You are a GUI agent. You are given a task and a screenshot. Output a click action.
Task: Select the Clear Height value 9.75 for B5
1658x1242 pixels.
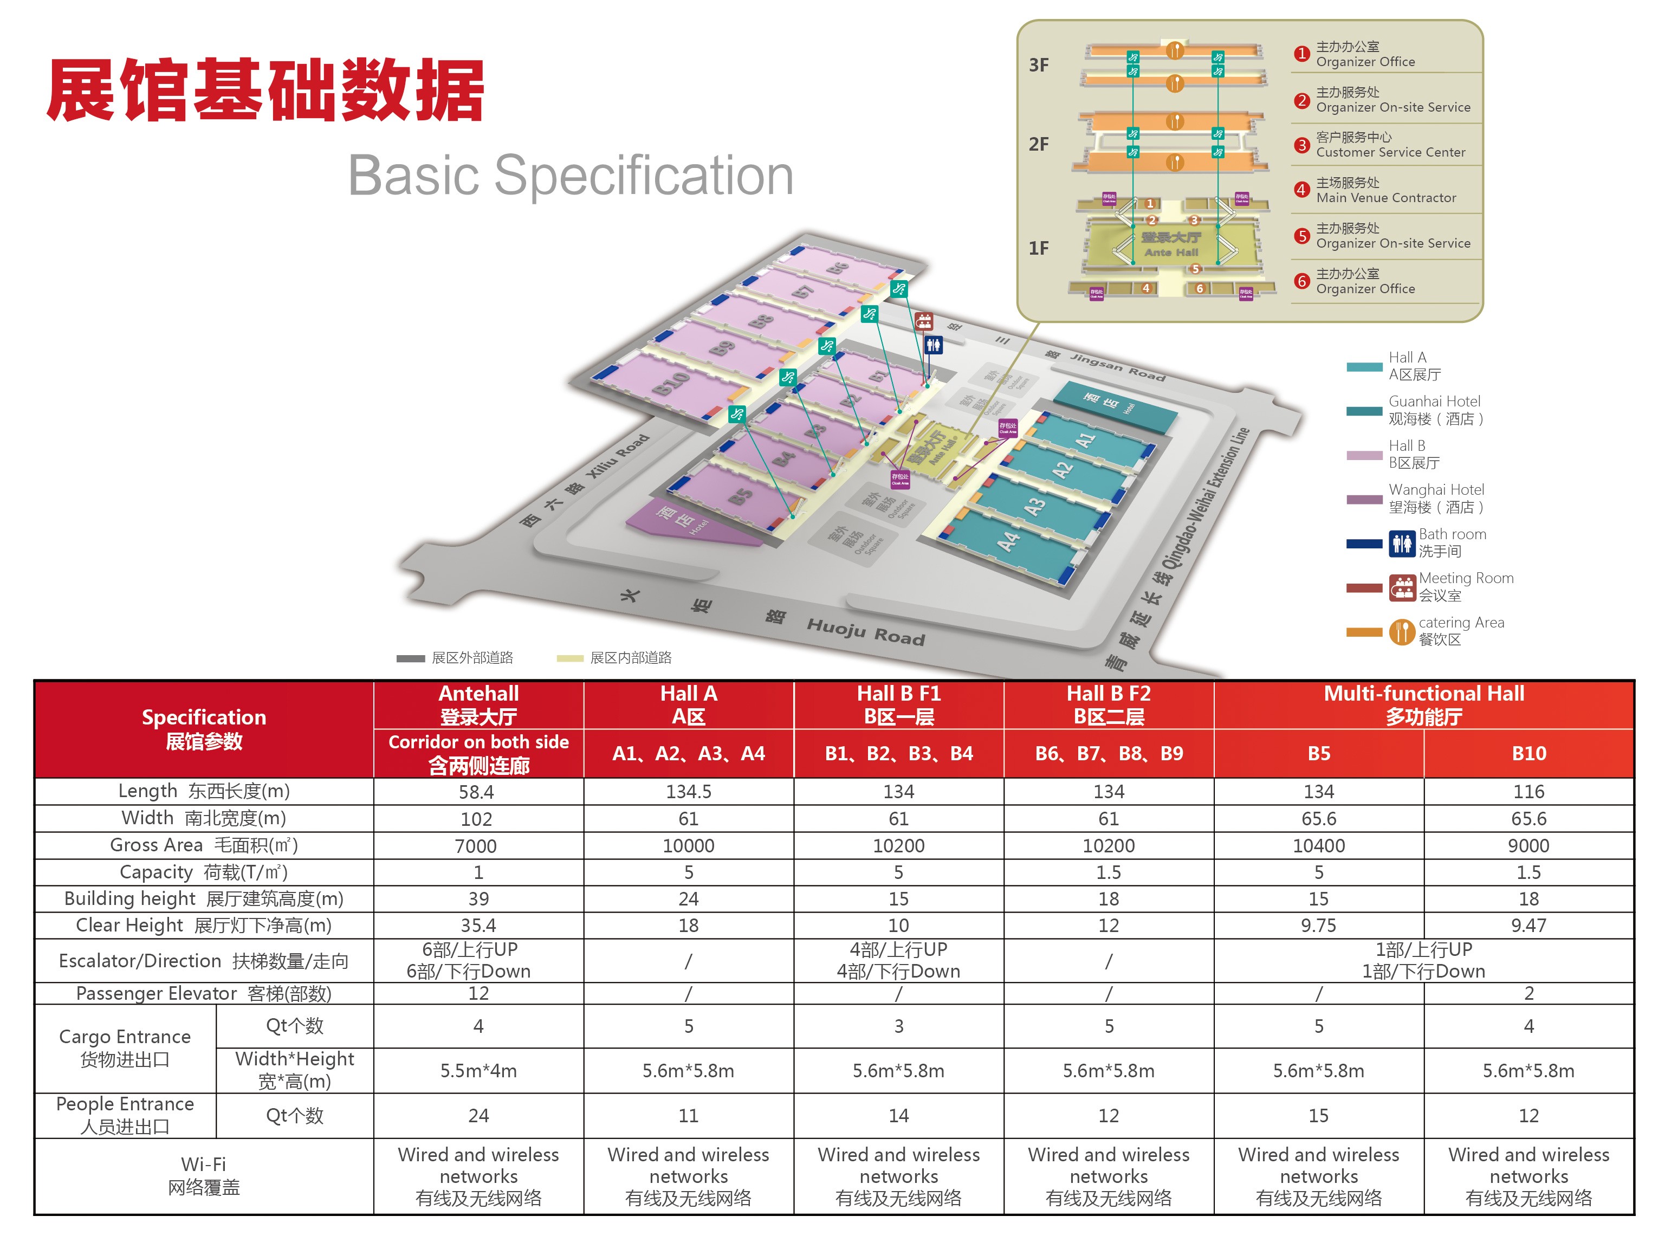1318,926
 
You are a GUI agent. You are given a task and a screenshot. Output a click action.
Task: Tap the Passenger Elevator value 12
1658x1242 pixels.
478,994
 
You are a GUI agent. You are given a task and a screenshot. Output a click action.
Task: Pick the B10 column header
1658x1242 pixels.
1529,753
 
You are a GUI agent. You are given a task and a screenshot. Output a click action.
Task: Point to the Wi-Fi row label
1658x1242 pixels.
204,1175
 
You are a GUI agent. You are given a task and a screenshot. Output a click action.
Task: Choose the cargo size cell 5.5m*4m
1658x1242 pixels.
478,1071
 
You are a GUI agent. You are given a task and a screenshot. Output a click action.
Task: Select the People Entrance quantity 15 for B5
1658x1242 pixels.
1318,1116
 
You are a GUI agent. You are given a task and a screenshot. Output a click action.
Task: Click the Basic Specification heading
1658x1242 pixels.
571,176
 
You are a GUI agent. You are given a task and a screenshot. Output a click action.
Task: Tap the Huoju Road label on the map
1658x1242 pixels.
866,632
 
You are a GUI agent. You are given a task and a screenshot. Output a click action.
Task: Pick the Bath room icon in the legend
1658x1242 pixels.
1402,542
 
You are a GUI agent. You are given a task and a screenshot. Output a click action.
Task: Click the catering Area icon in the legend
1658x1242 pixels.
1402,631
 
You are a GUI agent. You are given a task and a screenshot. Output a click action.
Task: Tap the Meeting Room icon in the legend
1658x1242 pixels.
1402,587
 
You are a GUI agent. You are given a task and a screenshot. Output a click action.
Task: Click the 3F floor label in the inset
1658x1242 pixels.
1038,65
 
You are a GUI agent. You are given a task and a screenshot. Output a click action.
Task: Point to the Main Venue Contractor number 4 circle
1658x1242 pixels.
1301,190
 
